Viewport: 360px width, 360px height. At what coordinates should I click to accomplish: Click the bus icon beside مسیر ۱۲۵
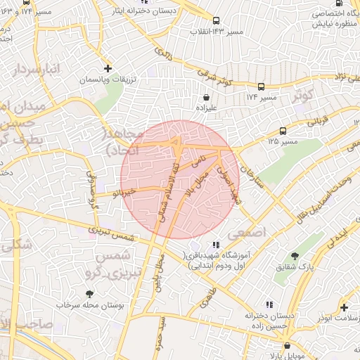pyautogui.click(x=283, y=131)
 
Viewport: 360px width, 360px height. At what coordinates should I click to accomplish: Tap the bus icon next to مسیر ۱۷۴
pyautogui.click(x=261, y=86)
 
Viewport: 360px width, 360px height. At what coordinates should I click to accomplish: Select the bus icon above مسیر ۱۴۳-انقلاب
pyautogui.click(x=216, y=21)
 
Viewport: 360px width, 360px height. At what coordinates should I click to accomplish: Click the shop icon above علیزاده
pyautogui.click(x=206, y=98)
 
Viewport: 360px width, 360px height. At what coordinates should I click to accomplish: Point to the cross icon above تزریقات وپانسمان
pyautogui.click(x=108, y=68)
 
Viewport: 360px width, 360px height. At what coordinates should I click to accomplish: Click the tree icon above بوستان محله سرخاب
pyautogui.click(x=89, y=294)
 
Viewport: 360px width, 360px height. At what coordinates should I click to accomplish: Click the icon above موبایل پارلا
pyautogui.click(x=288, y=346)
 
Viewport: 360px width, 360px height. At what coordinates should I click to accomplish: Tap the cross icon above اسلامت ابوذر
pyautogui.click(x=344, y=307)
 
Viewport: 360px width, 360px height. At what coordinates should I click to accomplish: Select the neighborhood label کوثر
pyautogui.click(x=304, y=95)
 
